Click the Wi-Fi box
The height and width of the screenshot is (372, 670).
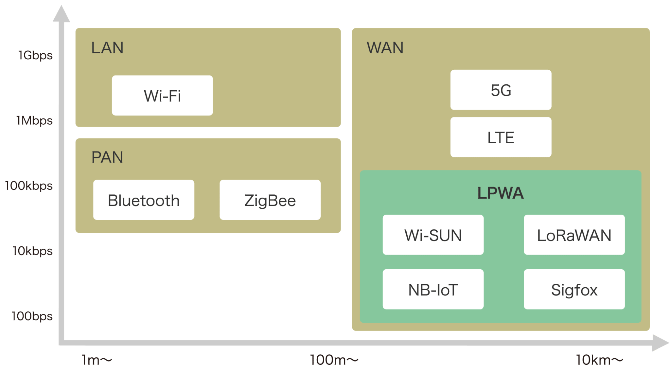point(162,96)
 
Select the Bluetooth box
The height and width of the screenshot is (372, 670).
point(144,200)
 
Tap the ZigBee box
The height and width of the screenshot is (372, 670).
point(270,200)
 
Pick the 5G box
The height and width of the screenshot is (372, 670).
point(501,90)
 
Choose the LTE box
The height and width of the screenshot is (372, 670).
point(501,137)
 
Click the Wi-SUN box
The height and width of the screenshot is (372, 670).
point(433,235)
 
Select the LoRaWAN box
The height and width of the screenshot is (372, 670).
point(574,235)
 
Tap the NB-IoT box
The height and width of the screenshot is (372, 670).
point(433,290)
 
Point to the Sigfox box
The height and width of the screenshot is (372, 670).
point(574,290)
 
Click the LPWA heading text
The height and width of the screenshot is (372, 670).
point(500,193)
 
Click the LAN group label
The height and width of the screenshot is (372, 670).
point(107,48)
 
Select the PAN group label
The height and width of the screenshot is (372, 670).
point(107,157)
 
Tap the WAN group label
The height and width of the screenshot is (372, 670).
point(385,48)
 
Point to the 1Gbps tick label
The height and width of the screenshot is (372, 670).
point(35,55)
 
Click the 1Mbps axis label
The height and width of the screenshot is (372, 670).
point(34,121)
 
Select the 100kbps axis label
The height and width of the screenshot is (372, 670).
point(29,186)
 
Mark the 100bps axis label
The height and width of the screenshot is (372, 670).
point(32,316)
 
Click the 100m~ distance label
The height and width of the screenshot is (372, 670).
point(334,360)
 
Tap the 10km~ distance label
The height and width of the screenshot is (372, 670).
point(599,360)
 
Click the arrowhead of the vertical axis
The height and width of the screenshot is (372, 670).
point(62,14)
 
